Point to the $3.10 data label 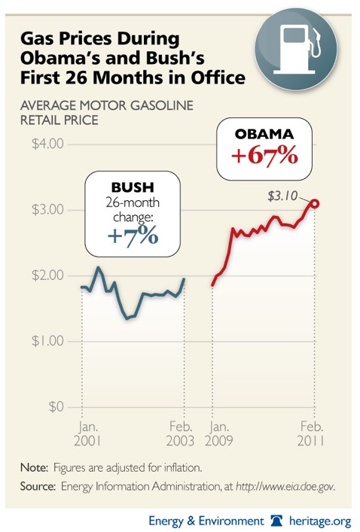(x=282, y=196)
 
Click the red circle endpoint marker (x=316, y=203)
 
